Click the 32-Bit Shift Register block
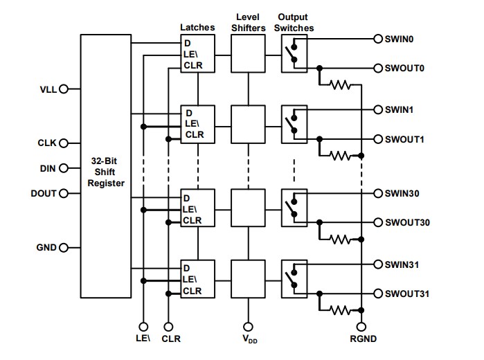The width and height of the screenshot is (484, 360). (106, 167)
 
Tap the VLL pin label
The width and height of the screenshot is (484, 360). (49, 89)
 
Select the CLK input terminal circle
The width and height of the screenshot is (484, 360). (64, 143)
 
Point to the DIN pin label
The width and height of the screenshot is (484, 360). (48, 168)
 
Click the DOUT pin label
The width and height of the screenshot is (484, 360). (44, 193)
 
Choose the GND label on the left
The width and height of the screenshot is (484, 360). (46, 247)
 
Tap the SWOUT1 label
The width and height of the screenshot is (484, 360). (404, 139)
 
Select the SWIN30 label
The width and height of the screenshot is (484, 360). (402, 193)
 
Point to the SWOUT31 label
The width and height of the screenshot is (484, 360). (407, 294)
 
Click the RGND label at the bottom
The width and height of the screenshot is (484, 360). (361, 339)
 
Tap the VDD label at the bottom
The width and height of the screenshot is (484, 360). (249, 340)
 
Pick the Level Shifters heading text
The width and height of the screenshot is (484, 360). (249, 22)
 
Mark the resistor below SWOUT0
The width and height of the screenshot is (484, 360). (339, 85)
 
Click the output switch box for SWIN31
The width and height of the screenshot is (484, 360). (294, 278)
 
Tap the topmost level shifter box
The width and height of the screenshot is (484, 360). (249, 54)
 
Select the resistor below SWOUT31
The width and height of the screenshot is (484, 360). (339, 310)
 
